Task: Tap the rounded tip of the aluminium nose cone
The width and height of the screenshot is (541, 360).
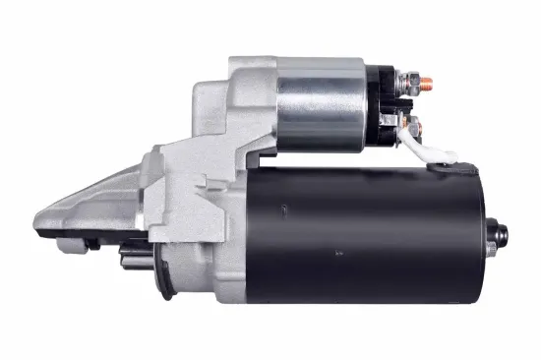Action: [39, 218]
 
